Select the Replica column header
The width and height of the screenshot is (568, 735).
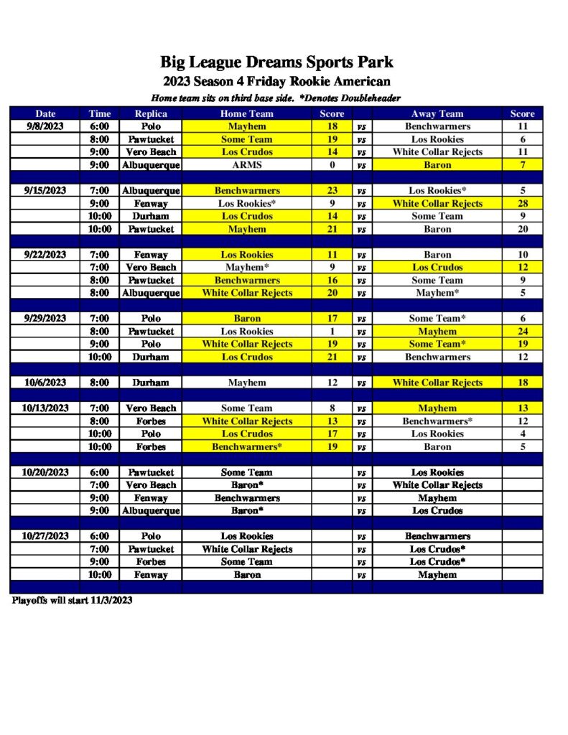tap(151, 113)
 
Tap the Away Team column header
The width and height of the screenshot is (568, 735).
tap(437, 113)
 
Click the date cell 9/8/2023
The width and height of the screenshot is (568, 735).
tap(45, 126)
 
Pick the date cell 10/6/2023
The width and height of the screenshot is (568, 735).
tap(45, 383)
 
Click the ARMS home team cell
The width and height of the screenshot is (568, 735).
tap(246, 165)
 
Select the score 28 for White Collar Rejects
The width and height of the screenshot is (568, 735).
tap(522, 203)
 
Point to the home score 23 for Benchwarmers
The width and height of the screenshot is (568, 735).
tap(332, 191)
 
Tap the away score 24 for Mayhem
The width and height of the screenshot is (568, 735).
tap(522, 332)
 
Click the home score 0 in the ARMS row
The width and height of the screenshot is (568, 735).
tap(332, 165)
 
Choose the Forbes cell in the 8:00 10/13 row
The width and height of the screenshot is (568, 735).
tap(151, 421)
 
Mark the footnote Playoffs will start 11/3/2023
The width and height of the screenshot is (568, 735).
tap(72, 600)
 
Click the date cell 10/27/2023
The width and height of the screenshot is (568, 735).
tap(45, 536)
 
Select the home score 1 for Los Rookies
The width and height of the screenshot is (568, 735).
tap(332, 332)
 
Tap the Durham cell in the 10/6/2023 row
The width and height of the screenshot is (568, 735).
tap(151, 383)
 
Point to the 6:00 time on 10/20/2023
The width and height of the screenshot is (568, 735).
tap(99, 472)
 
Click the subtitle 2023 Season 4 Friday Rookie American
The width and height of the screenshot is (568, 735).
tap(276, 82)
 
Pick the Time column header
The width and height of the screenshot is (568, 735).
tap(99, 113)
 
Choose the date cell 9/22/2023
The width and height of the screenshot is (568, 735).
tap(45, 255)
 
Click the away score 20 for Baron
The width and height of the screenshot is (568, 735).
tap(522, 229)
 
